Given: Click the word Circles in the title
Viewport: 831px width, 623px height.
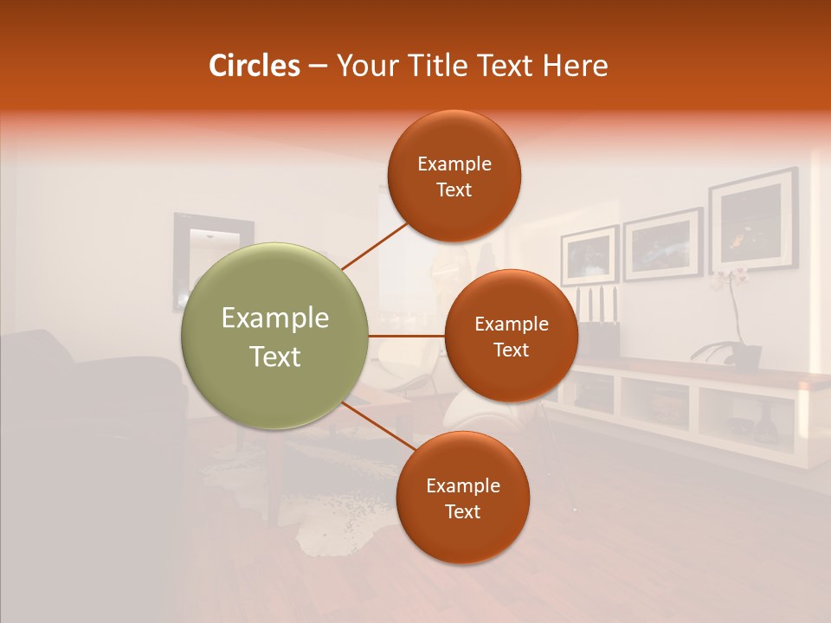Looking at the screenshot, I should click(x=254, y=66).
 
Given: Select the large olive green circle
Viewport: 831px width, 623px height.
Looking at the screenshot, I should click(x=274, y=336).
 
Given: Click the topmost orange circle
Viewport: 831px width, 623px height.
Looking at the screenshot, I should click(x=454, y=176).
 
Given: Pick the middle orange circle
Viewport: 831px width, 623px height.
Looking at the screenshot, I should click(x=511, y=336).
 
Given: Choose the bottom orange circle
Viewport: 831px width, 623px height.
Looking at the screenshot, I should click(x=462, y=498).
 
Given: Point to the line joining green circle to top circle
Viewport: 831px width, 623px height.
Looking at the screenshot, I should click(x=374, y=247).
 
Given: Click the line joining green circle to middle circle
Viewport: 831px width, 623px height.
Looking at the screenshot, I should click(x=406, y=335).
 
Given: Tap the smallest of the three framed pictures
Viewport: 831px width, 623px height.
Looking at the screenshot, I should click(x=589, y=254).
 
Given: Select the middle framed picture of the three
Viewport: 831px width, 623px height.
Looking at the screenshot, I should click(x=662, y=244).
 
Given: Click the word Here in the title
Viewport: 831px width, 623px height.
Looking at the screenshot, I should click(x=577, y=66).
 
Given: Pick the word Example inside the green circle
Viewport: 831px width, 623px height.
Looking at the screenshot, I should click(x=274, y=318).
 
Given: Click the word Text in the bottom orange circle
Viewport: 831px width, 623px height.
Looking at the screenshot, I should click(x=462, y=511).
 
